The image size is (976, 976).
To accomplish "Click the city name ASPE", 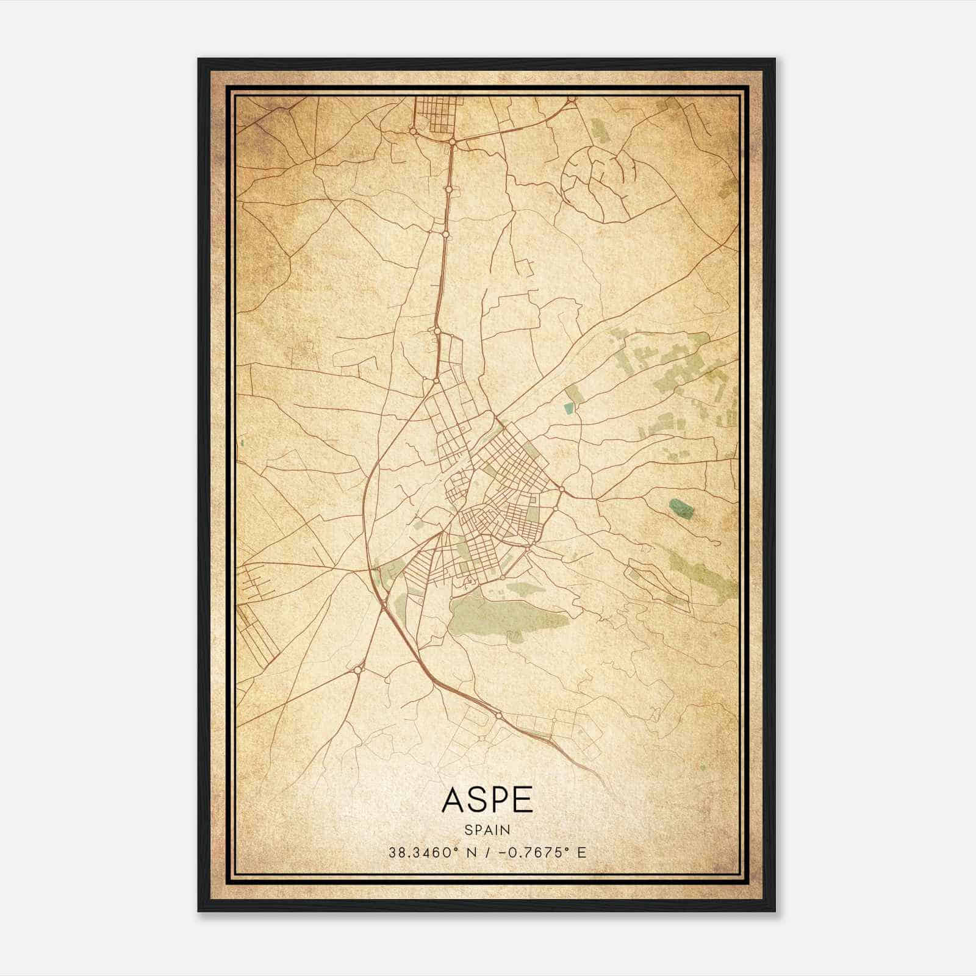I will tap(487, 800).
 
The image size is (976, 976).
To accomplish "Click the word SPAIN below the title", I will tap(487, 830).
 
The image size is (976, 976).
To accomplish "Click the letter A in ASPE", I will tap(453, 800).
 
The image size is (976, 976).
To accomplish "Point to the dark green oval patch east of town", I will tap(681, 508).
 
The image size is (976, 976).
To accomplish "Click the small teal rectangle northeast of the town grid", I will tap(569, 409).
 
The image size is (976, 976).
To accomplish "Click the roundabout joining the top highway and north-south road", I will tap(453, 142).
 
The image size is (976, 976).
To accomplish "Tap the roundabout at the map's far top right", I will tap(572, 99).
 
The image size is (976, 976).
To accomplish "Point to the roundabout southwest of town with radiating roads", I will tap(356, 670).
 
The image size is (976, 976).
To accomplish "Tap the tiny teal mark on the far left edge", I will tap(242, 442).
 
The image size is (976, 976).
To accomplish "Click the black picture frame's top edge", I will tap(487, 60).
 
